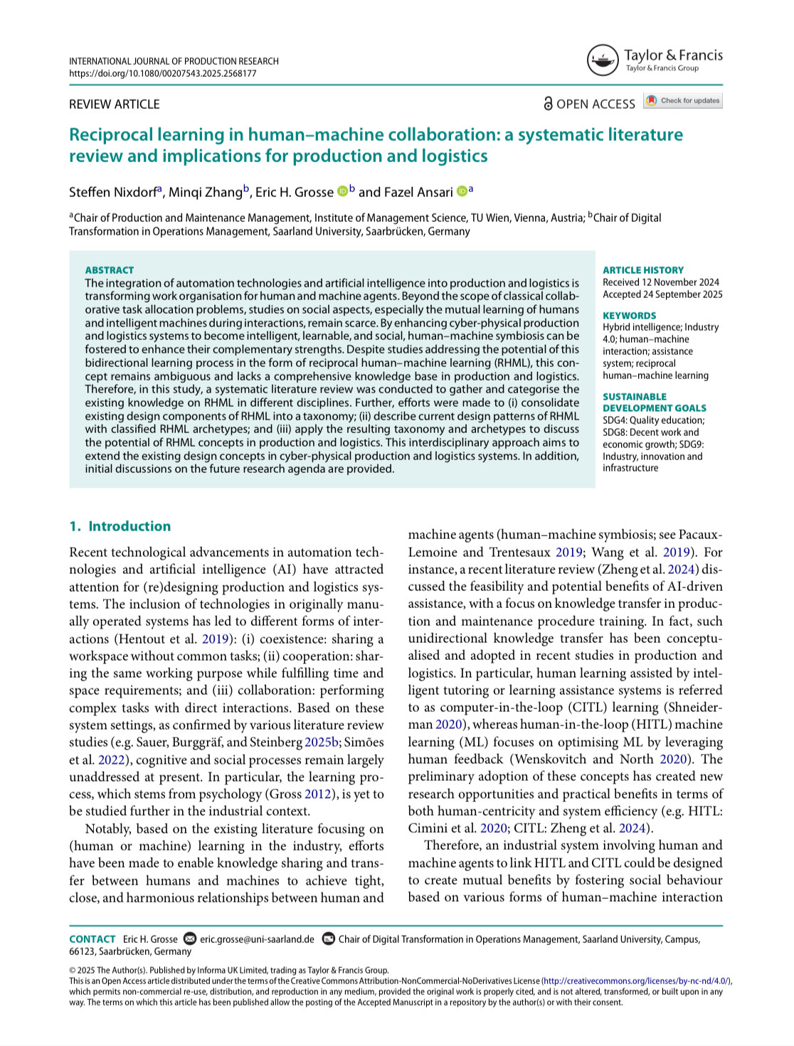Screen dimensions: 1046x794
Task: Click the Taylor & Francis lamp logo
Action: [602, 60]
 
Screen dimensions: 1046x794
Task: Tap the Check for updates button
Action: [683, 101]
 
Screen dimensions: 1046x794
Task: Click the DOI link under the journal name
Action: [162, 73]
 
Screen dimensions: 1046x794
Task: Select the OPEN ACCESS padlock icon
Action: [548, 104]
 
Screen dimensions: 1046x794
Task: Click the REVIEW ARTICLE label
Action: [114, 105]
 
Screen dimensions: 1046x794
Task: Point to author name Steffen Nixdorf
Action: [112, 193]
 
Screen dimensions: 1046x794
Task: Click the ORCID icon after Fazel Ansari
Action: [461, 191]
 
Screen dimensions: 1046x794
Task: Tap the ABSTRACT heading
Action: [109, 270]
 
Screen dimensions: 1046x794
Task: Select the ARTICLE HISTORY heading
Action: [642, 270]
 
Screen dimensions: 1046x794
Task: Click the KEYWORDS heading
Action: [629, 316]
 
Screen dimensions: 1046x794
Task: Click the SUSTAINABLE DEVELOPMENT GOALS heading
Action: [654, 402]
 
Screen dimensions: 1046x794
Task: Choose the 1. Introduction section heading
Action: [120, 526]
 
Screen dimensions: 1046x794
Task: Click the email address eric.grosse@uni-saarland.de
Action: [257, 939]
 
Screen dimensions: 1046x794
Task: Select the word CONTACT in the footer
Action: [92, 939]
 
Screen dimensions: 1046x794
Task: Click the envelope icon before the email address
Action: [190, 939]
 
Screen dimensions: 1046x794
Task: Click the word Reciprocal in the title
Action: [110, 135]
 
